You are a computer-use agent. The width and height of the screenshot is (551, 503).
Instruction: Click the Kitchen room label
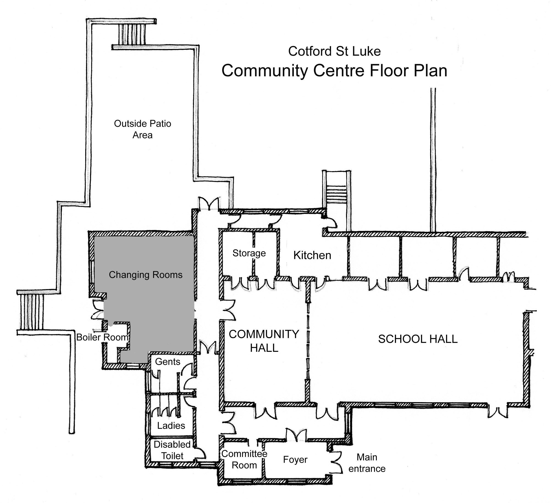point(312,255)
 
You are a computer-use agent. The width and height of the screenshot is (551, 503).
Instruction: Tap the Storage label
point(249,253)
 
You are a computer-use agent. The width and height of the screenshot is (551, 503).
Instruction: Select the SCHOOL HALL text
point(418,339)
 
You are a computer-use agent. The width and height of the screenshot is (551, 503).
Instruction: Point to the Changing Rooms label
point(146,275)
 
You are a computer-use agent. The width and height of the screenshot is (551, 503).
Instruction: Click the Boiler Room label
point(102,337)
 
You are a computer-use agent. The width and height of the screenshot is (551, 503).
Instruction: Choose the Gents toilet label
point(168,362)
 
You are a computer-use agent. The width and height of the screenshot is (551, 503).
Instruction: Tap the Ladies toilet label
point(171,425)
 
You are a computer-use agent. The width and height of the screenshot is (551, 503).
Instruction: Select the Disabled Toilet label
point(172,450)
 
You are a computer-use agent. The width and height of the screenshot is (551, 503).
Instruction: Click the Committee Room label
point(244,459)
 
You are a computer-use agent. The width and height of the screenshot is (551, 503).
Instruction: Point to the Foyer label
point(295,459)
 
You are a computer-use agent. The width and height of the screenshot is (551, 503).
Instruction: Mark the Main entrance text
point(367,463)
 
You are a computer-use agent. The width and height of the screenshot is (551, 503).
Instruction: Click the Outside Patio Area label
point(142,129)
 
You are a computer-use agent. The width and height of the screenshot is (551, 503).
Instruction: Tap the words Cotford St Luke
point(334,51)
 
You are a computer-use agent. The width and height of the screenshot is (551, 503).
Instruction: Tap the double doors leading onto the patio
point(209,203)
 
